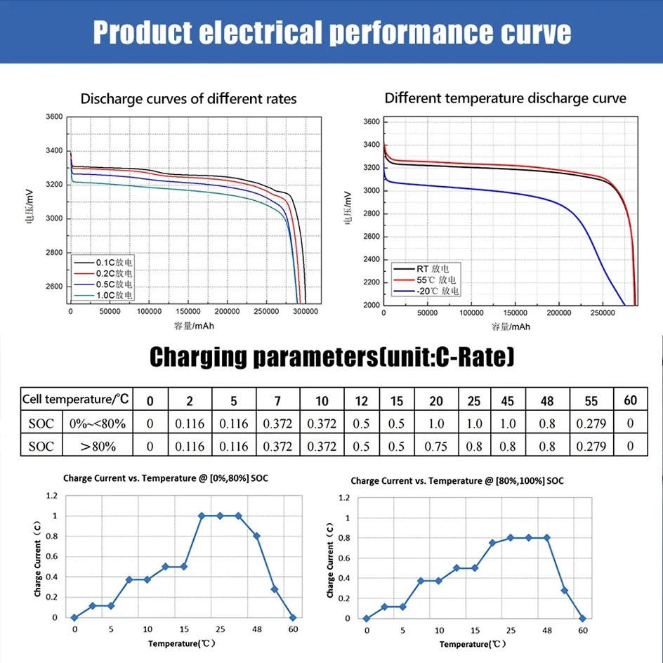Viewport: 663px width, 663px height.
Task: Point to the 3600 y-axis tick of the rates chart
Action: pos(53,117)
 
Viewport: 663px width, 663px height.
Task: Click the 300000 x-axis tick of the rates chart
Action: pos(304,310)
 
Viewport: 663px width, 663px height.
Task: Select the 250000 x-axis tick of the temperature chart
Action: pos(601,313)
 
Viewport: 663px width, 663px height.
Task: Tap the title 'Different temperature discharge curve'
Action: pos(505,98)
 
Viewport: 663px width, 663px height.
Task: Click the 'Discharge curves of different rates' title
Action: pos(188,99)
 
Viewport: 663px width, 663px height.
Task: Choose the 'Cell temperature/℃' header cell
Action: pos(76,400)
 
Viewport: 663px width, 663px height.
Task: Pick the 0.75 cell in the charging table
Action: pos(436,446)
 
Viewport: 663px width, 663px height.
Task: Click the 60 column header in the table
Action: pos(630,400)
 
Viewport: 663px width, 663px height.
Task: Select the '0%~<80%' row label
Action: pos(97,424)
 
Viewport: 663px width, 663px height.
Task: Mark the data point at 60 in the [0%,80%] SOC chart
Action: pos(293,617)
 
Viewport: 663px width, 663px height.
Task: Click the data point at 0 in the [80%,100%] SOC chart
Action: pos(366,618)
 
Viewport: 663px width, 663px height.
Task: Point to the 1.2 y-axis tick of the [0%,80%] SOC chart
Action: pos(51,496)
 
